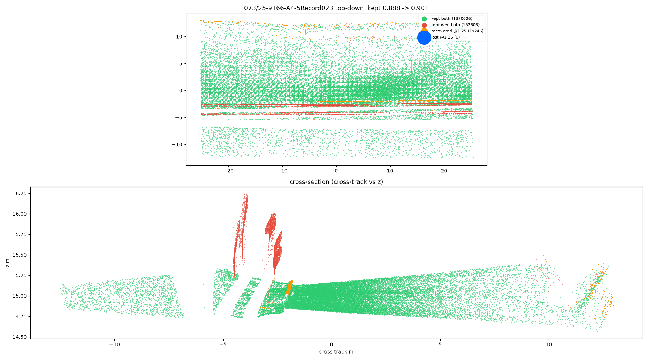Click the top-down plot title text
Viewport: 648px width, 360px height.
[x=336, y=8]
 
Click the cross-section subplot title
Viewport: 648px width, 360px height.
[x=336, y=182]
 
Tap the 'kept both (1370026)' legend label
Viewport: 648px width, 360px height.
[x=452, y=19]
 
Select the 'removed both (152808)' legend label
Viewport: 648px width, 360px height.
[x=455, y=25]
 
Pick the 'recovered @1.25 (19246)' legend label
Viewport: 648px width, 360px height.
[x=457, y=31]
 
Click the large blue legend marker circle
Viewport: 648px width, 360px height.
[x=424, y=37]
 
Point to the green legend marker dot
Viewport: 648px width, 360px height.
[x=424, y=19]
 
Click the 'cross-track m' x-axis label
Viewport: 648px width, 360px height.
[x=336, y=352]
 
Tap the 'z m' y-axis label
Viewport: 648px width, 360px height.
[x=8, y=263]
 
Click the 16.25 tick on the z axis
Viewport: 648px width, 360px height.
[x=19, y=193]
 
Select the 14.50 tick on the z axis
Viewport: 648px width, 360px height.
[x=19, y=337]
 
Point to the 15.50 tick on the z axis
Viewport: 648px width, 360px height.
[x=19, y=255]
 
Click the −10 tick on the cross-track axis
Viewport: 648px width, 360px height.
[x=114, y=345]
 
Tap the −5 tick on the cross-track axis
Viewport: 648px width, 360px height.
[x=223, y=345]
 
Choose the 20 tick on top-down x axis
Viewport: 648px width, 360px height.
[x=444, y=171]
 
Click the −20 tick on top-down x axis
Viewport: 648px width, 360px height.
[x=228, y=171]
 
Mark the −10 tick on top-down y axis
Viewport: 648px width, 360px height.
[x=177, y=144]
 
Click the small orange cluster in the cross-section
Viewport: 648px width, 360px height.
[x=289, y=288]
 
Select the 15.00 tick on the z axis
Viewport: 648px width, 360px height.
[x=19, y=296]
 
